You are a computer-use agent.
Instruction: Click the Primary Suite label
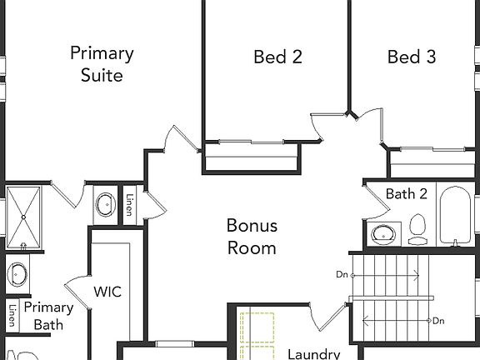pos(102,64)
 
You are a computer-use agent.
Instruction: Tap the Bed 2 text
pos(277,57)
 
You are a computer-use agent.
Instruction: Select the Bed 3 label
pos(412,57)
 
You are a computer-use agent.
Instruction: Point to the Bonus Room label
pos(252,237)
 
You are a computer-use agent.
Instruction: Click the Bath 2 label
pos(406,193)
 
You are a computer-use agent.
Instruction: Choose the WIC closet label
pos(107,292)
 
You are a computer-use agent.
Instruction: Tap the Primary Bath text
pos(48,316)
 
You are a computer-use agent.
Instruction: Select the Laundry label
pos(313,353)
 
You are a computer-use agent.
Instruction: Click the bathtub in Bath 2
pos(455,217)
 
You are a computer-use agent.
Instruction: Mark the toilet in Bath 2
pos(417,228)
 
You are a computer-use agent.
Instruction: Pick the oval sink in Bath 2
pos(383,232)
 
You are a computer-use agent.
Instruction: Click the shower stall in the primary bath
pos(22,218)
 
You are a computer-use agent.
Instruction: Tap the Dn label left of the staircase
pos(342,273)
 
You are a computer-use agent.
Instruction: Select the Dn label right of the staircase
pos(438,321)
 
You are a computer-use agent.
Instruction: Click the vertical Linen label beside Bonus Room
pos(129,205)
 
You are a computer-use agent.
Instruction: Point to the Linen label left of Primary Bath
pos(12,317)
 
